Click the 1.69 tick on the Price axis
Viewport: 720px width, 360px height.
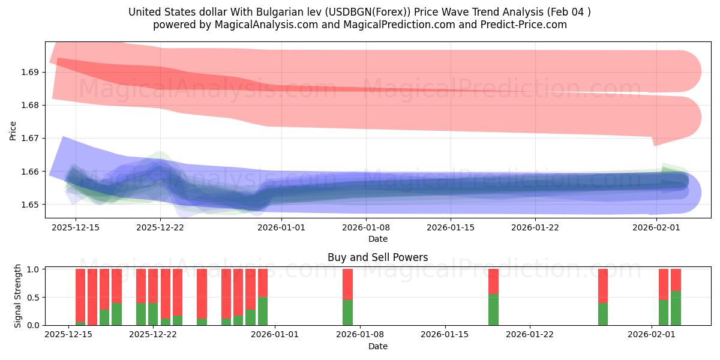click(x=30, y=72)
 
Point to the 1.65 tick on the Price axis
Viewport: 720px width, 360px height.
click(x=30, y=205)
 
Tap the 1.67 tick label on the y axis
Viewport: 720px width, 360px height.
click(x=30, y=138)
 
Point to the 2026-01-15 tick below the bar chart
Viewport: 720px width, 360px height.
click(x=445, y=334)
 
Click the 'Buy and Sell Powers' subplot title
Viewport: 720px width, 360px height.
click(x=378, y=257)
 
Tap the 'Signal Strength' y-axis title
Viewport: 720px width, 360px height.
click(x=18, y=296)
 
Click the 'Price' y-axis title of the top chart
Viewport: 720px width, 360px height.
click(x=13, y=130)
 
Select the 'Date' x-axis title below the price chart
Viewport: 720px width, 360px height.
click(x=378, y=239)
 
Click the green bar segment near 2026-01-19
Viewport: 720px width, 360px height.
click(x=493, y=310)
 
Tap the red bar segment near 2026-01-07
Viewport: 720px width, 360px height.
click(x=347, y=284)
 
